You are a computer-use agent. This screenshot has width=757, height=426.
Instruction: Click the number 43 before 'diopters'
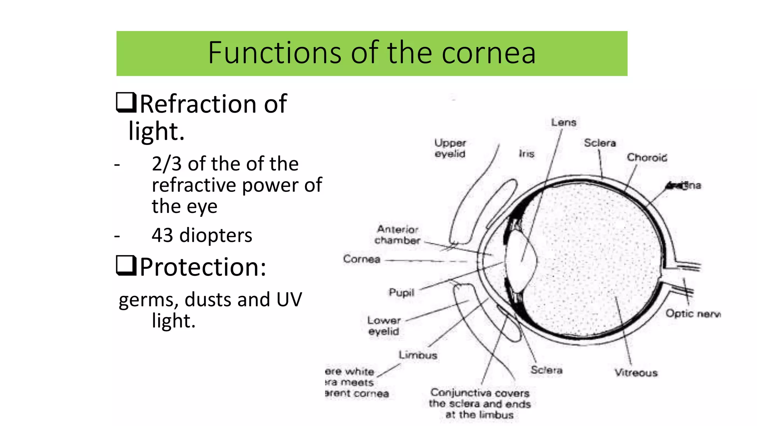162,235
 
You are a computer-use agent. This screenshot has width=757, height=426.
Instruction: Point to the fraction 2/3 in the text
166,164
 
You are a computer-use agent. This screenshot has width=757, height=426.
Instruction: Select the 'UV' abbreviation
289,300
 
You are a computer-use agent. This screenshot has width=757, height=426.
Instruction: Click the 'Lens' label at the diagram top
564,122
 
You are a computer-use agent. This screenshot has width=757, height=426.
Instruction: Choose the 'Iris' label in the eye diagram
526,153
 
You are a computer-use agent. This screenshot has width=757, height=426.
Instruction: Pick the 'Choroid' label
647,158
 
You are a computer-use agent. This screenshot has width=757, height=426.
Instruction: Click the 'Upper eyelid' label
450,148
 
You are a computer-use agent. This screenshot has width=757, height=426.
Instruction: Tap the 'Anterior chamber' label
397,235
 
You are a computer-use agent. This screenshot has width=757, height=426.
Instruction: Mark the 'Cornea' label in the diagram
361,259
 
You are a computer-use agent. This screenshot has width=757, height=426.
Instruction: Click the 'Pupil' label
401,293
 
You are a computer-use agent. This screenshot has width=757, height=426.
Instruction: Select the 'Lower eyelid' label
384,326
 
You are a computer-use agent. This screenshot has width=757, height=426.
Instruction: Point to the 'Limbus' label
418,355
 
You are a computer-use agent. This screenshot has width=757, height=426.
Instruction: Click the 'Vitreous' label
636,372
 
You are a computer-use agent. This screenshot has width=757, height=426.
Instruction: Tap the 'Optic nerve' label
692,314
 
